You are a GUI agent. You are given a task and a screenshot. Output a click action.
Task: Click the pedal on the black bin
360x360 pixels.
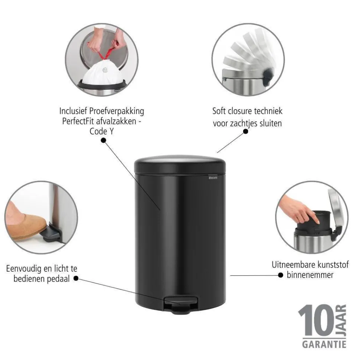coord(181,304)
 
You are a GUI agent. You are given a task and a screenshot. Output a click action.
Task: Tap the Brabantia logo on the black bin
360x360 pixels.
coord(213,177)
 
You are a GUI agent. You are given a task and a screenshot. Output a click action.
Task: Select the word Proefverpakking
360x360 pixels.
coord(117,111)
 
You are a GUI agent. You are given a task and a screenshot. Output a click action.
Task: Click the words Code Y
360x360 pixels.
coord(101,131)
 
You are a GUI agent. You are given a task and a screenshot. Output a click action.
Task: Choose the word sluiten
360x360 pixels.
coord(271,123)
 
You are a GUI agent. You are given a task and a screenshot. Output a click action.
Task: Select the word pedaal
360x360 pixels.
coord(58,279)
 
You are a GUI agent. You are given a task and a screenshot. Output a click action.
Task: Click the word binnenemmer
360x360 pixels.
coord(310,275)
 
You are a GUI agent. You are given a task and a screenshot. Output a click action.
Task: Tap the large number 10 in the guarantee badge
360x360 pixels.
coord(316,320)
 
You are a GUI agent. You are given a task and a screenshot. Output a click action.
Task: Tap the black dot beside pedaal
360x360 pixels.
coord(76,278)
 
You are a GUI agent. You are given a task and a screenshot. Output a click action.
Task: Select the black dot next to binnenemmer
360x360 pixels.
coord(281,275)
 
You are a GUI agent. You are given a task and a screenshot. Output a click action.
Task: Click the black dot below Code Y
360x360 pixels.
coord(103,140)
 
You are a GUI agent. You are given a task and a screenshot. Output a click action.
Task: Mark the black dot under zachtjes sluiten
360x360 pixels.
coord(245,131)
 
